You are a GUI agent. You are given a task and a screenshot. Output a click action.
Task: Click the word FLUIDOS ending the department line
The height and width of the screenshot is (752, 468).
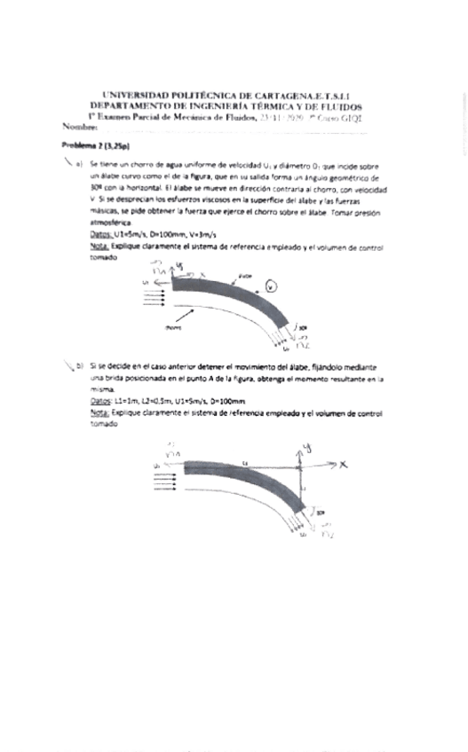338,105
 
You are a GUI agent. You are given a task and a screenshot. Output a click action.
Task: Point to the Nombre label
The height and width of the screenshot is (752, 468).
78,127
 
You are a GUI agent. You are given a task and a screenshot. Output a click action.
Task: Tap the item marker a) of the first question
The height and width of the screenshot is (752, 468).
79,165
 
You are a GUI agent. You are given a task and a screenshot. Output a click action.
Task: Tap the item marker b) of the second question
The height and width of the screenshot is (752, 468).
79,364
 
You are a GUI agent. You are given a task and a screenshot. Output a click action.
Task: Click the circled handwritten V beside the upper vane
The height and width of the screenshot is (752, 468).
272,286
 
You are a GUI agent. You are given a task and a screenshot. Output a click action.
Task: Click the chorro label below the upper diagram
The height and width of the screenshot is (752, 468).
172,326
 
